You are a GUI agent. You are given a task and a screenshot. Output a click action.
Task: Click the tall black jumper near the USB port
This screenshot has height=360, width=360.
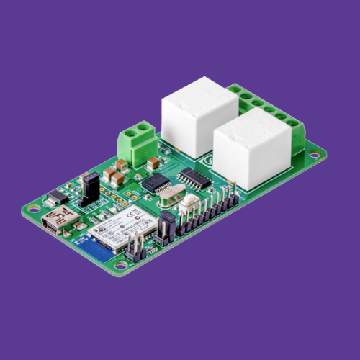point(90,189)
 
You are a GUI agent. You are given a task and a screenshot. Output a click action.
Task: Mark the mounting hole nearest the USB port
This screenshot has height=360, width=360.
point(32,210)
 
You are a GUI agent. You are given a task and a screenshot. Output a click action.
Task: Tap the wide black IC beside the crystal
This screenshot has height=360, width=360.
point(154,181)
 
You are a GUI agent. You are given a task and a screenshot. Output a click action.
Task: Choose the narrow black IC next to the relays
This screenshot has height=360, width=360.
point(193,176)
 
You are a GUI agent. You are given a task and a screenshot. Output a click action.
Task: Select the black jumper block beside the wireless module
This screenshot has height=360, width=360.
point(163,232)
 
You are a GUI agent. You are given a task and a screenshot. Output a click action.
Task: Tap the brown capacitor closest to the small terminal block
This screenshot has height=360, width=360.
point(120,164)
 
